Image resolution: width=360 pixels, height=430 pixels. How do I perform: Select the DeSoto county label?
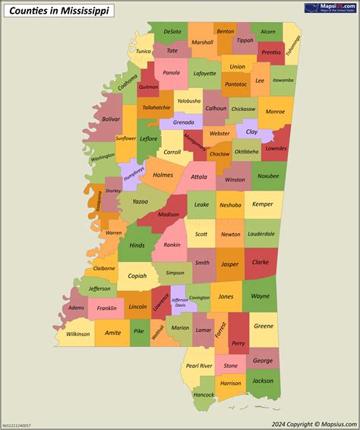172,32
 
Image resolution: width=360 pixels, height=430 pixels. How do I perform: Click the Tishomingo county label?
294,48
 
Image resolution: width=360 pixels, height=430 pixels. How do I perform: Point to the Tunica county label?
143,52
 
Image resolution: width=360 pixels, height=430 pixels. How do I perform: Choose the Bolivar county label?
111,119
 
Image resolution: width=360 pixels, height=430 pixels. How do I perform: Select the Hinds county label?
137,245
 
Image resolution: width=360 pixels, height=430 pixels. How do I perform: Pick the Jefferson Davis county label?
180,302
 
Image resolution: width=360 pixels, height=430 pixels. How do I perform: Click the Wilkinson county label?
77,334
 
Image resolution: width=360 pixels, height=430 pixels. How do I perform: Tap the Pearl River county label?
199,365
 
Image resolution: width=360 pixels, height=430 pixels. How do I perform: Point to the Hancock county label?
204,395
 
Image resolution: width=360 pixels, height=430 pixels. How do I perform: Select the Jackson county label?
263,381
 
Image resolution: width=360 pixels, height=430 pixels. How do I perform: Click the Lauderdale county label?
261,234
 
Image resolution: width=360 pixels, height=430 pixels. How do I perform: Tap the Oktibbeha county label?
246,151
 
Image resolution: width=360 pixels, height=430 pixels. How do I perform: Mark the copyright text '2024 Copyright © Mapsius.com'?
312,424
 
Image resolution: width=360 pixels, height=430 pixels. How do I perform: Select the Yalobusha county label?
188,100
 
